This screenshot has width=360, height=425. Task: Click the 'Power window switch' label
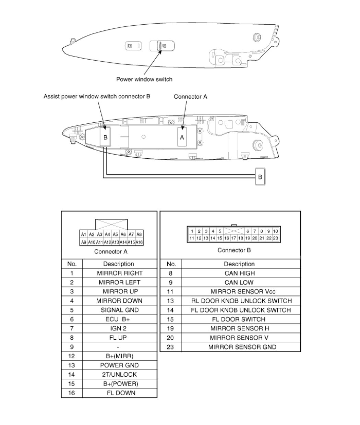144,80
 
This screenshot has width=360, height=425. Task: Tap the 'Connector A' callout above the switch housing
190,97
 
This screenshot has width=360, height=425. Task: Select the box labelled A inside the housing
182,137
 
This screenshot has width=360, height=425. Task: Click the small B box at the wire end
260,177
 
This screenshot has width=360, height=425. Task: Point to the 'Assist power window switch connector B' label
97,97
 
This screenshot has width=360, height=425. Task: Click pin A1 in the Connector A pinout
83,234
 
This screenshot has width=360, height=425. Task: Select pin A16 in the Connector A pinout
139,242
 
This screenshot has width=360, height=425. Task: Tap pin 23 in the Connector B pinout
276,238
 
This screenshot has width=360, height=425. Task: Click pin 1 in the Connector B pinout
192,231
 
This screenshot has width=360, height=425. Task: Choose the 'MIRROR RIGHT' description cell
120,273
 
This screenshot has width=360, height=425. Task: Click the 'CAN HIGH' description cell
240,273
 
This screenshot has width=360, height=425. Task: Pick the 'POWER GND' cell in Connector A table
120,365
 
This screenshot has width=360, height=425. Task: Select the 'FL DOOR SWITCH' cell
239,319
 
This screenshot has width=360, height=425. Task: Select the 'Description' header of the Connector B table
239,264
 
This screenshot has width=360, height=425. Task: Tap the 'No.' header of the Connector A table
72,264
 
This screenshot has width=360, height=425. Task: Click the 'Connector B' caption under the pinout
234,250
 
